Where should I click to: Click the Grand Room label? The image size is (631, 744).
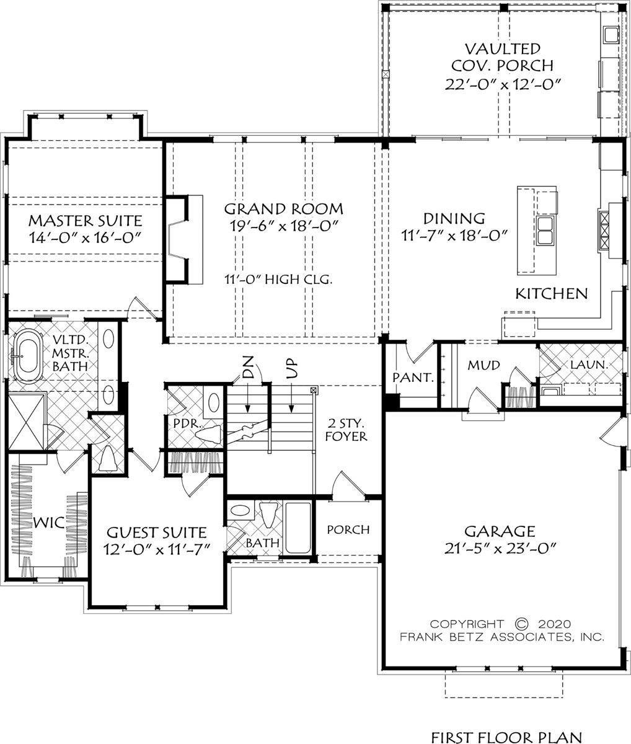click(x=284, y=209)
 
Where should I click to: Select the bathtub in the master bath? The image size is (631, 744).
click(x=27, y=356)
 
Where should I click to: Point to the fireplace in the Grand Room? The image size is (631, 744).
click(x=183, y=240)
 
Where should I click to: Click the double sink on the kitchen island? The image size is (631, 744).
click(x=545, y=231)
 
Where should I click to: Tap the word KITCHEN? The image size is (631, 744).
click(x=552, y=294)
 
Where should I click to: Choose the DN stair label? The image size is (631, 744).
click(x=248, y=366)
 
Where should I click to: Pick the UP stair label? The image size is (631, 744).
click(x=292, y=368)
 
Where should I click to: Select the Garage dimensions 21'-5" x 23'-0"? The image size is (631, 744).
click(x=500, y=549)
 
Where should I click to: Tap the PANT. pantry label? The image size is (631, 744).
click(x=413, y=378)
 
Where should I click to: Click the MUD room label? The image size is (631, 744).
click(x=483, y=366)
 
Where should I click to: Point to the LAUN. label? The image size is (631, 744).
click(x=589, y=365)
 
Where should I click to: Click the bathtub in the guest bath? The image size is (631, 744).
click(x=298, y=528)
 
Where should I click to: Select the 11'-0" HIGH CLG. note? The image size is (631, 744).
click(x=278, y=280)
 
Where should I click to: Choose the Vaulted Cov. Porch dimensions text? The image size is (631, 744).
click(x=503, y=84)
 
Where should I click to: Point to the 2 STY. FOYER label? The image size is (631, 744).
click(x=346, y=430)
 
